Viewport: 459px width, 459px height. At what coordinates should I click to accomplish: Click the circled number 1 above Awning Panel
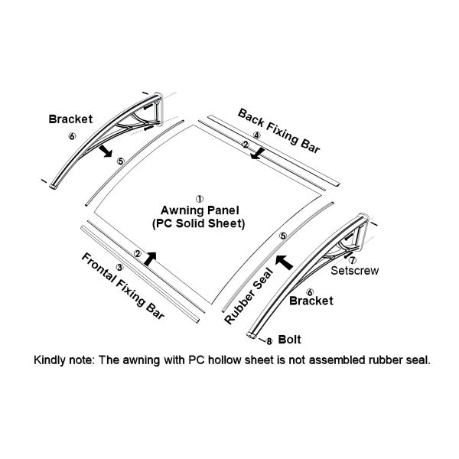coord(200,200)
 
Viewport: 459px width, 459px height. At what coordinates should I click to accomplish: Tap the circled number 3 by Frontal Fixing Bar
coord(120,267)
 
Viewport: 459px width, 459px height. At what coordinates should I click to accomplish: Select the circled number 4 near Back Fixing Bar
coord(256,135)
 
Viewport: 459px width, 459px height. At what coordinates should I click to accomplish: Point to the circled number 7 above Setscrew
coord(353,260)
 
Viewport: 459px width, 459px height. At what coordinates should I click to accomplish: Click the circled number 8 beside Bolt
coord(269,341)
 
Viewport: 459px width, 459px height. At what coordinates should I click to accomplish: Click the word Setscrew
coord(354,271)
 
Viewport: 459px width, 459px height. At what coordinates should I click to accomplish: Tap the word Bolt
coord(289,340)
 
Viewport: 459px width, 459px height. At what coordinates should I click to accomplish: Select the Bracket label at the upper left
coord(70,119)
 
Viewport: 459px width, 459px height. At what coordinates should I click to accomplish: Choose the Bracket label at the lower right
coord(311,301)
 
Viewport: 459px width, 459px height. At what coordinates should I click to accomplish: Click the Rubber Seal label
coord(249,296)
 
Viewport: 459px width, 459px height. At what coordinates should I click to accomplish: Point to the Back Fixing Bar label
coord(279,131)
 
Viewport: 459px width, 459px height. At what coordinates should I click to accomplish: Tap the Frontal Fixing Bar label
coord(123,285)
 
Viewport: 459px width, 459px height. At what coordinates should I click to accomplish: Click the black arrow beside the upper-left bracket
coord(106,151)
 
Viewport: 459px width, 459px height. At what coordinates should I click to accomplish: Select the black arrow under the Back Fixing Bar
coord(258,154)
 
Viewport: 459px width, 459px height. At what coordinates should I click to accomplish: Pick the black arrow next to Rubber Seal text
coord(285,262)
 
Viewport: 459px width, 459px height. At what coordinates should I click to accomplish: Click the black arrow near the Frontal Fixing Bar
coord(150,259)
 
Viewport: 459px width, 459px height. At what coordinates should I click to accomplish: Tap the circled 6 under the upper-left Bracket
coord(72,136)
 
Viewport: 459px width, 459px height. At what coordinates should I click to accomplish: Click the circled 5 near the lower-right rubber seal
coord(283,236)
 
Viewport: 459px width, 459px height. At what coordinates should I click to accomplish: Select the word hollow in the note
coord(226,360)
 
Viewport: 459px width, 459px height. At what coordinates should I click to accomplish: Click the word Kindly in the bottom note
coord(50,360)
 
